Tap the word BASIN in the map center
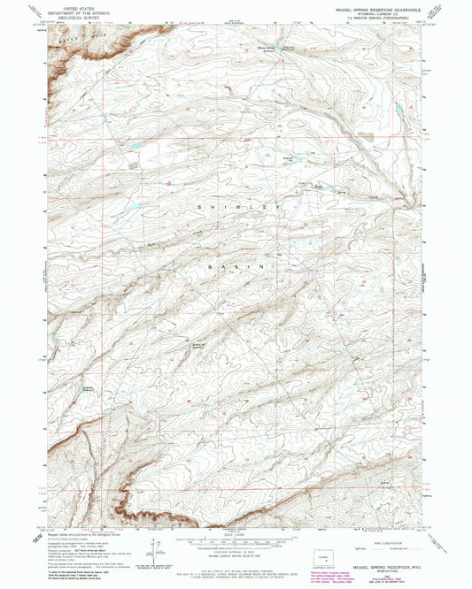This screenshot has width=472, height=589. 236,264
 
